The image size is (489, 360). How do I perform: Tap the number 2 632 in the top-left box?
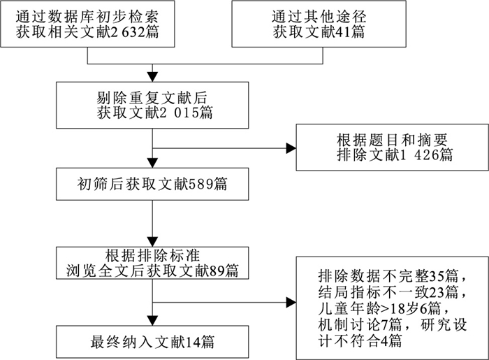tap(135, 33)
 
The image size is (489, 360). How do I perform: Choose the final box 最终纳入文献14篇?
tap(152, 342)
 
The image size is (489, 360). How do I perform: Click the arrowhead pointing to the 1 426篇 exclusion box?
tap(290, 147)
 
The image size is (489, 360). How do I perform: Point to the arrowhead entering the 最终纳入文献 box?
tap(152, 321)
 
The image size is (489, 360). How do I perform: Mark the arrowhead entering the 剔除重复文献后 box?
tap(152, 75)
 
